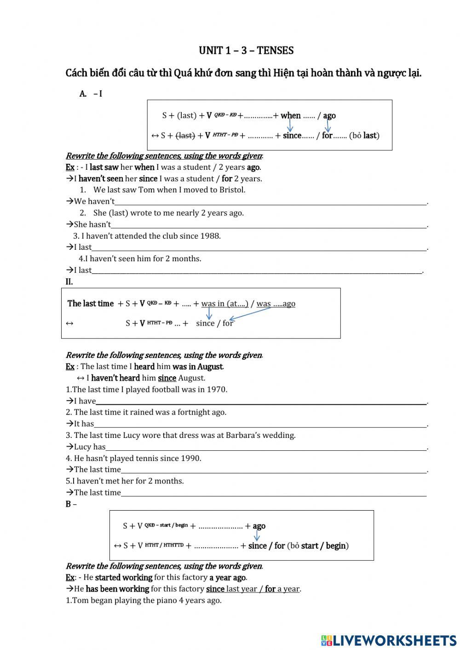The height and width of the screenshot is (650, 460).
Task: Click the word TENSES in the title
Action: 275,51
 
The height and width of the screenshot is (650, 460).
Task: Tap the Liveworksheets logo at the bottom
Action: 389,640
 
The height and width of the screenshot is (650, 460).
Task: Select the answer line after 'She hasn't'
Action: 269,224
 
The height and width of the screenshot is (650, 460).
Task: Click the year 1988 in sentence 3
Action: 210,236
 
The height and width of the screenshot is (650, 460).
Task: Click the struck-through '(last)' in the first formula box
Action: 185,136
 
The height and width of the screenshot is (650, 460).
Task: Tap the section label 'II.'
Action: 69,282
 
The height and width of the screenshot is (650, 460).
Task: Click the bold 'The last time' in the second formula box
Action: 90,304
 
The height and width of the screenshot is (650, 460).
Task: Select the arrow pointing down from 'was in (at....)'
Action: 209,314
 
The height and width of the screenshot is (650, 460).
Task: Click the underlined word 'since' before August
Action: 167,378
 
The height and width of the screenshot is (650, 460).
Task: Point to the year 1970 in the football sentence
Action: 217,390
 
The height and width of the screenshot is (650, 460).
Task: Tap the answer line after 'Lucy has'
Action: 266,447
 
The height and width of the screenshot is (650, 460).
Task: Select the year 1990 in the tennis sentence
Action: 191,458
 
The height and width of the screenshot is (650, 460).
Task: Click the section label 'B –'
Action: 71,504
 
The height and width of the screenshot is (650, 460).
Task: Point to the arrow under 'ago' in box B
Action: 257,536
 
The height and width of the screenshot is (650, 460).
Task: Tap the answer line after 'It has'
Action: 260,424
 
